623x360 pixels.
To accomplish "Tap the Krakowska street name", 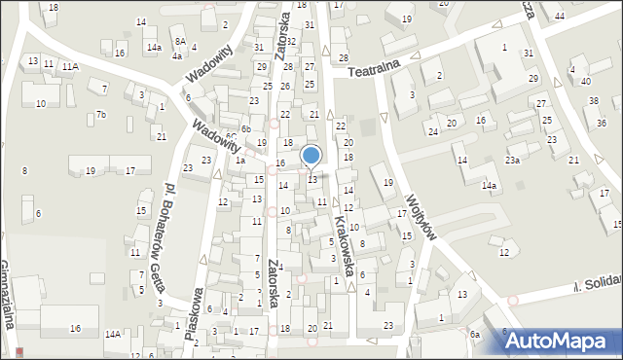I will coord(346,237).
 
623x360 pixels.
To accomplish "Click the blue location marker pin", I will coord(311,156).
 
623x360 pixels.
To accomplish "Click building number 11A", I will coord(70,67).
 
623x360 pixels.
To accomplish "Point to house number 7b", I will coord(100,115).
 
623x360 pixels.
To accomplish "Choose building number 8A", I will coord(180,41).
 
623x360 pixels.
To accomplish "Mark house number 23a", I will coord(511,160).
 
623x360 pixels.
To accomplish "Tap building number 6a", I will coord(475,335).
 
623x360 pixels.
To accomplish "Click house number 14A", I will coord(113,335).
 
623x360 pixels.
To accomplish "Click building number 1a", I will coord(238,161).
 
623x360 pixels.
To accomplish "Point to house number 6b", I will coord(246,129).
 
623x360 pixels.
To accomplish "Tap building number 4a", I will coord(177,56).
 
